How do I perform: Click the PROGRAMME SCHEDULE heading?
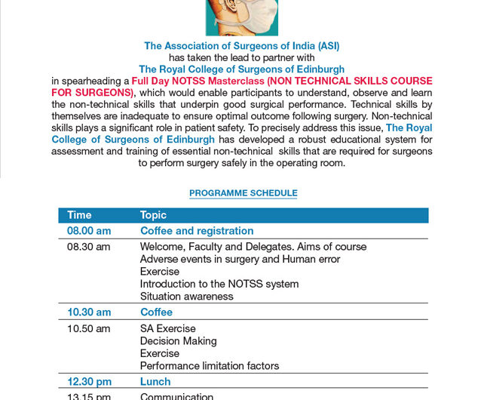(243, 193)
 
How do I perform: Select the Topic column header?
(153, 215)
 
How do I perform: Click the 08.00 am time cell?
(89, 231)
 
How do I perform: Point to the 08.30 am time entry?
(88, 247)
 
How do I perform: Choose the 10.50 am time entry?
(88, 328)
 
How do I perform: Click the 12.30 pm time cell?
(89, 382)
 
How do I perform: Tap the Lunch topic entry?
(155, 382)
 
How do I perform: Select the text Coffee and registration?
(197, 231)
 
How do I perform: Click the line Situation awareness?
(187, 297)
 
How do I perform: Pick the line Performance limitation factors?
(210, 366)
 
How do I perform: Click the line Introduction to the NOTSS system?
(219, 284)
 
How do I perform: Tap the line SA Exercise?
(168, 328)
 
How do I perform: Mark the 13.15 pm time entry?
(88, 396)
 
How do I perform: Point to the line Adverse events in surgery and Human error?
(240, 259)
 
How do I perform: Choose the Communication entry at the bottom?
(177, 396)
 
